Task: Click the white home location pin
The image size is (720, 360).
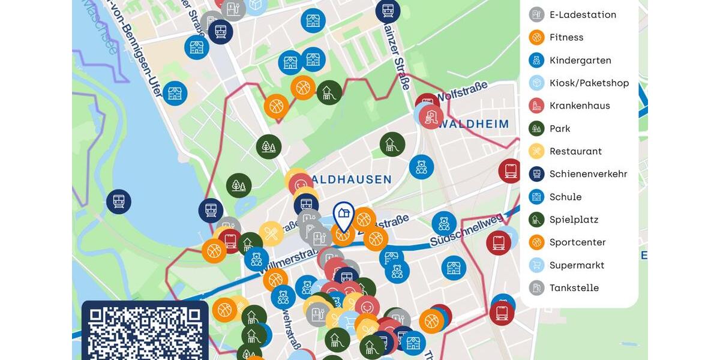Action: click(x=343, y=216)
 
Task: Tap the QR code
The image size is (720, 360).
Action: click(x=145, y=332)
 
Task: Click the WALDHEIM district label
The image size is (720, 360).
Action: click(x=473, y=125)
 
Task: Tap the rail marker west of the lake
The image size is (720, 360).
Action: click(x=119, y=202)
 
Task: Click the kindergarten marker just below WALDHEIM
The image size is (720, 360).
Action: click(x=421, y=167)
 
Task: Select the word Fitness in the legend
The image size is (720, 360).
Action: click(x=566, y=37)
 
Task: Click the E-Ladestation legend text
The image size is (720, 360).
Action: click(x=583, y=14)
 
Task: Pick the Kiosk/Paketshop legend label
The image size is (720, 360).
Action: click(x=589, y=83)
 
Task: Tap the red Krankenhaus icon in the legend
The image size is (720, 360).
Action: click(x=536, y=106)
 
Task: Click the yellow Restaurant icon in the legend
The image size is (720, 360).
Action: click(x=536, y=151)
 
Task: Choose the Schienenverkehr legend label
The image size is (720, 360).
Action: click(x=588, y=174)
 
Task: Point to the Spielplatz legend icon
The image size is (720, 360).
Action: click(x=536, y=220)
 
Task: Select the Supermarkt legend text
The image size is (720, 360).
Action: click(x=577, y=265)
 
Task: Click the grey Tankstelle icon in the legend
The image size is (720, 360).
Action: click(x=536, y=288)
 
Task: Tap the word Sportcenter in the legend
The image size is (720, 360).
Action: click(x=577, y=242)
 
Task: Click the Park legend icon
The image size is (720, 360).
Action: click(x=536, y=128)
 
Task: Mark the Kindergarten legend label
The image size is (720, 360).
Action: click(x=580, y=60)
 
